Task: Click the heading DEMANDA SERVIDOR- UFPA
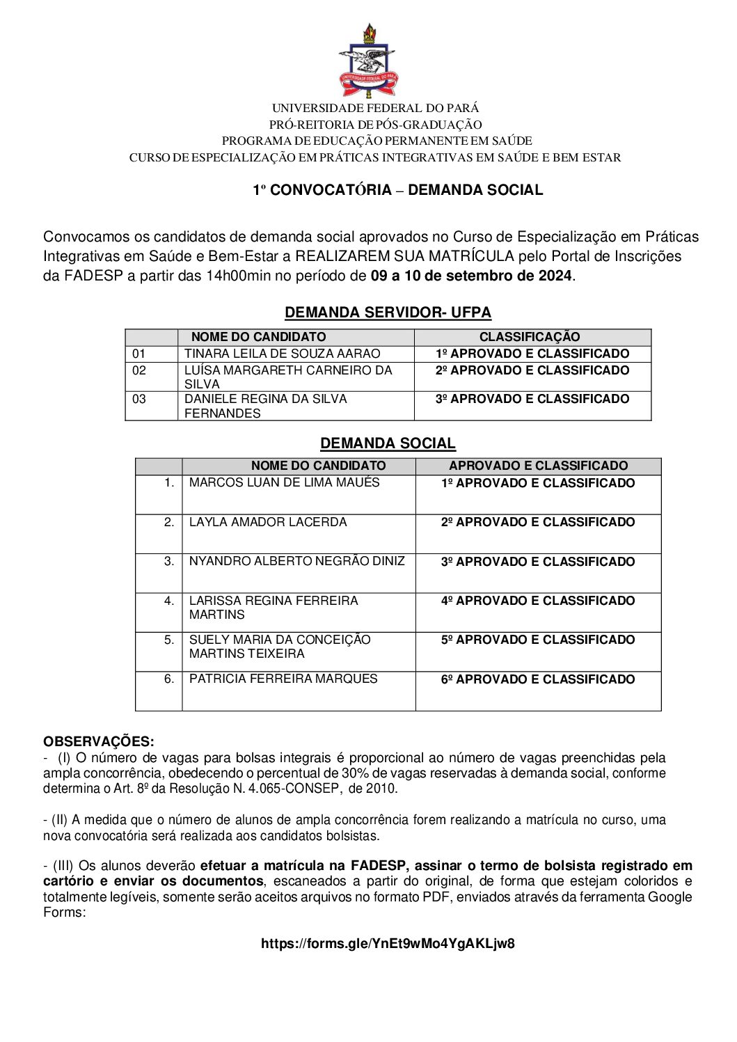(388, 313)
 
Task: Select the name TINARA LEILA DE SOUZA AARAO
(282, 354)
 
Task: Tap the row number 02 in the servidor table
(139, 370)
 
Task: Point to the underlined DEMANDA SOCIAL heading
(388, 443)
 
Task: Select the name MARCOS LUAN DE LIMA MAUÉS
(284, 482)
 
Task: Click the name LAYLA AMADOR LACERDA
(267, 522)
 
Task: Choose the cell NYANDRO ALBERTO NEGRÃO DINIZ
(296, 561)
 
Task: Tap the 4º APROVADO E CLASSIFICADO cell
(537, 601)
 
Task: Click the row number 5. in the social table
(169, 640)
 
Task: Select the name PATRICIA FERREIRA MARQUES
(283, 679)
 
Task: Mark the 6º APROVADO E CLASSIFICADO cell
(537, 679)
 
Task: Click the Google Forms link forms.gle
(388, 944)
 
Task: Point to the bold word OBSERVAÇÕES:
(99, 741)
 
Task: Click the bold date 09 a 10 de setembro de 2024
(471, 276)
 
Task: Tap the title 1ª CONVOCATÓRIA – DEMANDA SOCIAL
(397, 190)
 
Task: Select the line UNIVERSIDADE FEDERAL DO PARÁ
(375, 108)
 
